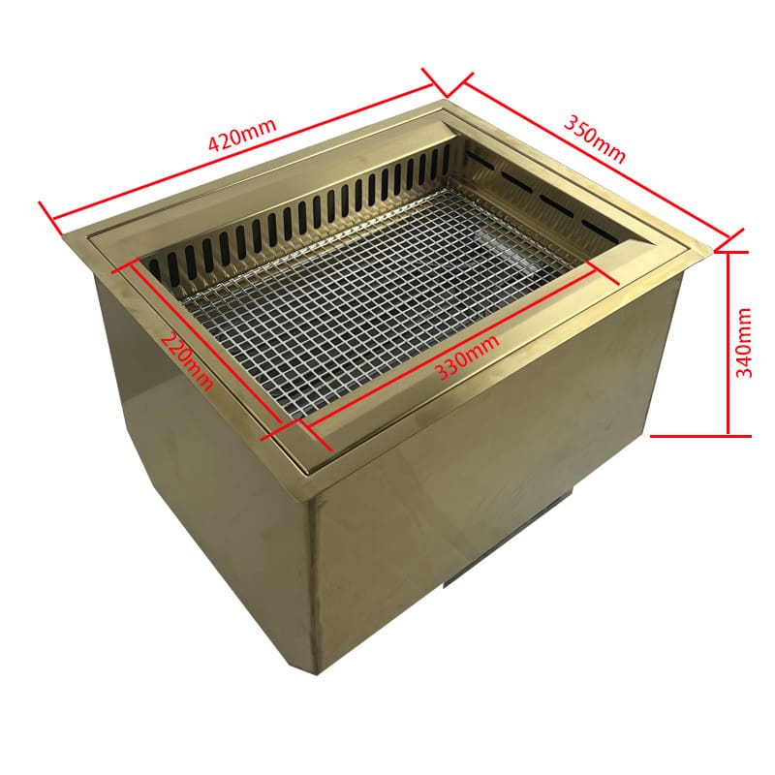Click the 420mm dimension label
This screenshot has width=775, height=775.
click(242, 135)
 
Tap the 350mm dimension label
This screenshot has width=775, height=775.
click(595, 139)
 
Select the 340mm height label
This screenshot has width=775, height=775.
click(744, 343)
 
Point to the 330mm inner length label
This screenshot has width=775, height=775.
click(467, 356)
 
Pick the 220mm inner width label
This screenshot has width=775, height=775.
click(188, 360)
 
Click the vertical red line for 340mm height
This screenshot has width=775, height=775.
click(728, 344)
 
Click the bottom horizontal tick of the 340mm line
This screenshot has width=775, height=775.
click(700, 437)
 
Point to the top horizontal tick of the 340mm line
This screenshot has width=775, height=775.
click(732, 252)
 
